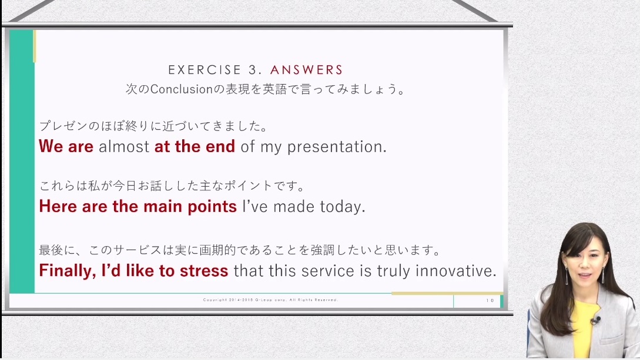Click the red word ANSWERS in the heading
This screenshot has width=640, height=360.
click(x=306, y=70)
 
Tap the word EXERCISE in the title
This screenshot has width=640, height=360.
click(x=205, y=70)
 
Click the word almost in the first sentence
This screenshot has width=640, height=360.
click(x=124, y=146)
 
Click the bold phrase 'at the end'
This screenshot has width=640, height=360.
click(x=195, y=146)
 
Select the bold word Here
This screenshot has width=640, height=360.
click(x=58, y=206)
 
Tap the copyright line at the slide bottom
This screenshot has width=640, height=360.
click(x=270, y=300)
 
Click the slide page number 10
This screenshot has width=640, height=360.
click(x=490, y=301)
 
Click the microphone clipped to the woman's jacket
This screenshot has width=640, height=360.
click(x=595, y=320)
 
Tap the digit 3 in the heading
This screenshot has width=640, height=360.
click(x=253, y=70)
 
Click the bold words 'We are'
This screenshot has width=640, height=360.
click(x=66, y=146)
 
